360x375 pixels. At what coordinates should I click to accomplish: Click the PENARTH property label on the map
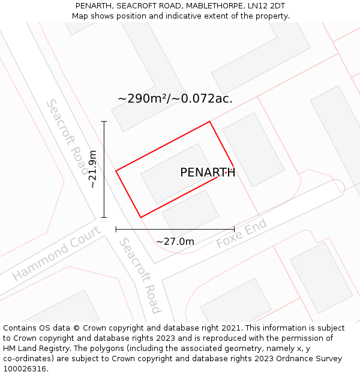coord(208,173)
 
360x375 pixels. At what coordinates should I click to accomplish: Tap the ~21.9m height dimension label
coord(93,169)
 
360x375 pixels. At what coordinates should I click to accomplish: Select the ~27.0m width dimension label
coord(175,241)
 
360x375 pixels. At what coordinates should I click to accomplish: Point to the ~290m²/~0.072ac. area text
coord(175,99)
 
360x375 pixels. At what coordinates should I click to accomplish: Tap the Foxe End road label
coord(241,234)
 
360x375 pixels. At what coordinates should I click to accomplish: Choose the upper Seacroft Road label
coord(67,137)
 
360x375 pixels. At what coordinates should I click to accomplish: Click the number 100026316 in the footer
coord(25,369)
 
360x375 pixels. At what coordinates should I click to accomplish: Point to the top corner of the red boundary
coord(209,122)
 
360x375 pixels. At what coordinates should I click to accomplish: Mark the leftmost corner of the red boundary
coord(116,171)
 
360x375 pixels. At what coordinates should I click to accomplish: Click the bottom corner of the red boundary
coord(140,217)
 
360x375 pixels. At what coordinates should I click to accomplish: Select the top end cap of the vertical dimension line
coord(104,122)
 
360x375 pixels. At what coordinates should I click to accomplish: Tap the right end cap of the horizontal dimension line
coord(234,229)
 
